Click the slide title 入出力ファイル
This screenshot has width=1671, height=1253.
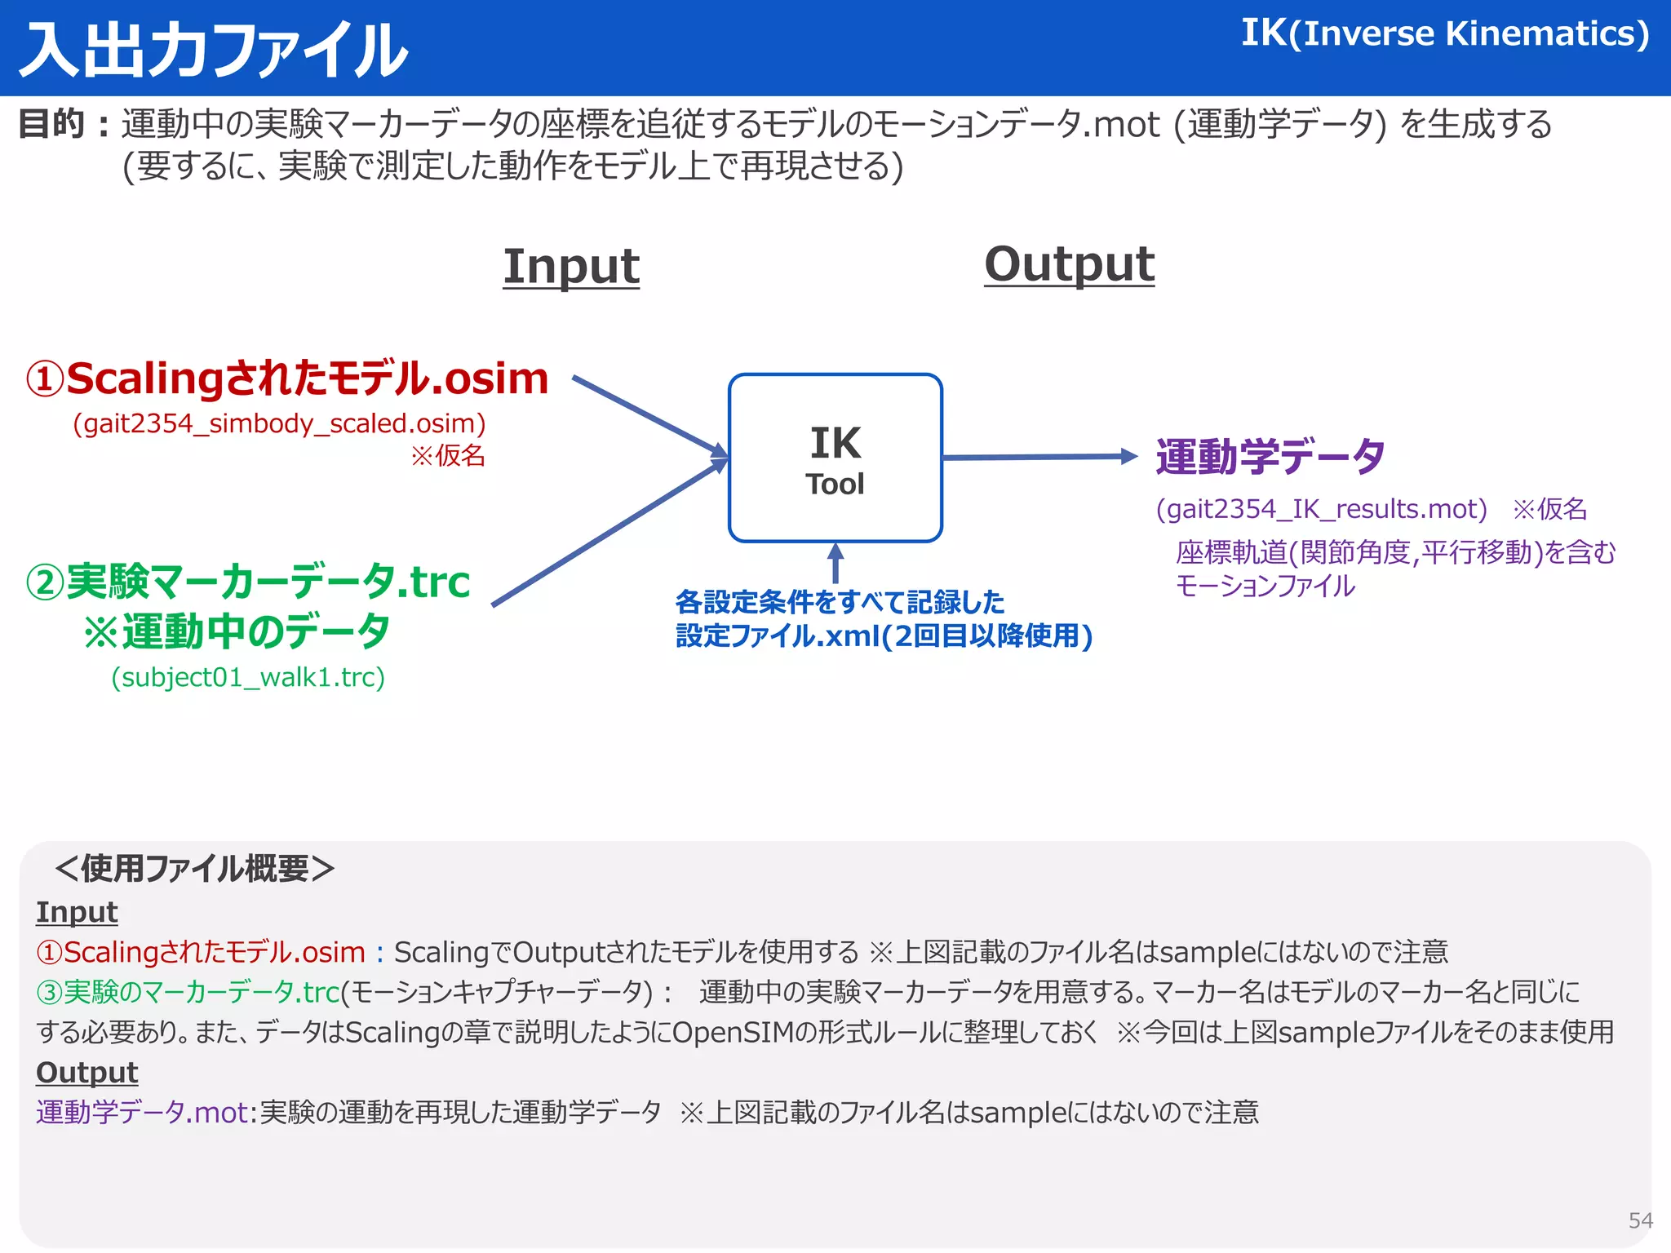tap(214, 51)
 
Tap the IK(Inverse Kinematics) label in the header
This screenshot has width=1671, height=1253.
tap(1444, 34)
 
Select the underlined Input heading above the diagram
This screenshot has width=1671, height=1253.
tap(571, 267)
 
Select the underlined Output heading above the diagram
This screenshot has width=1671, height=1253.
tap(1069, 265)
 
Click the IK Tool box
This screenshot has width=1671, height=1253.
tap(835, 458)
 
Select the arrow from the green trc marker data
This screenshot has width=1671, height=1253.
tap(608, 534)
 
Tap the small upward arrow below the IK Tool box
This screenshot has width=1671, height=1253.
tap(835, 563)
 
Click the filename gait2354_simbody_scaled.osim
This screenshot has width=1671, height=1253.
tap(279, 424)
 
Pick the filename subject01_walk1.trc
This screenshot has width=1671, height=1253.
tap(248, 678)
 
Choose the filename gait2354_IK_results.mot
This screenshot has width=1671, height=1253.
tap(1322, 510)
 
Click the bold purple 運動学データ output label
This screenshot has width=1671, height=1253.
tap(1270, 457)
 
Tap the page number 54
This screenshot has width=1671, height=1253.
tap(1640, 1220)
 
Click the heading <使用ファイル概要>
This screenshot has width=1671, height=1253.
tap(194, 869)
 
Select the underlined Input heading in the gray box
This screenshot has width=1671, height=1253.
tap(77, 912)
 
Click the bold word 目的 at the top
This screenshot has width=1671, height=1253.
tap(52, 124)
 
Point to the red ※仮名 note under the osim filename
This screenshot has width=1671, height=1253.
tap(448, 455)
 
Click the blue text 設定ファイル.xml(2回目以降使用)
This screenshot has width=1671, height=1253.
tap(884, 636)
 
